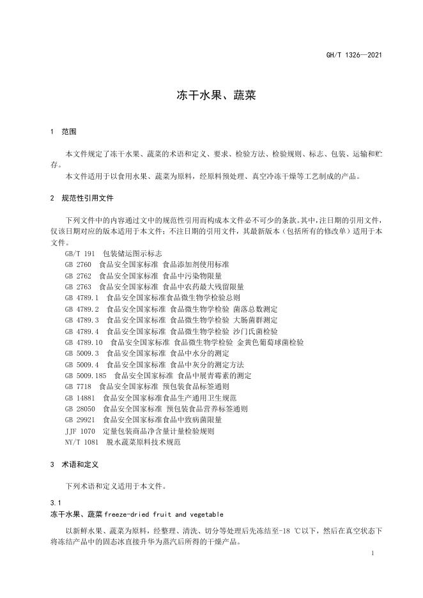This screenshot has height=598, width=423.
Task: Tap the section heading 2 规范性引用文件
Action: pyautogui.click(x=81, y=198)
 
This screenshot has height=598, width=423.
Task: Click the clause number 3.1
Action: pyautogui.click(x=55, y=503)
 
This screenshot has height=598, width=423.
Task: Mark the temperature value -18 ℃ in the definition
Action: pyautogui.click(x=296, y=532)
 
